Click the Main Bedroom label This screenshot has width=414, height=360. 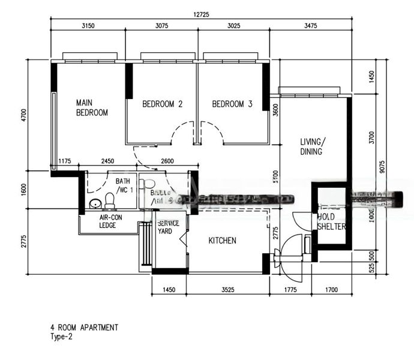click(x=91, y=107)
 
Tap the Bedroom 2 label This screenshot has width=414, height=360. click(x=162, y=104)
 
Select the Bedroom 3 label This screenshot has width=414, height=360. click(x=232, y=104)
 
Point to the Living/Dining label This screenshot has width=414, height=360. click(x=311, y=147)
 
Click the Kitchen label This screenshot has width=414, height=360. click(x=222, y=241)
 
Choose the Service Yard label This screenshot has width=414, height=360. click(x=169, y=227)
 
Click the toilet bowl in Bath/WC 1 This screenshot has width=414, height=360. click(x=110, y=200)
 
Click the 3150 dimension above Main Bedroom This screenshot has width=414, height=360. click(x=88, y=25)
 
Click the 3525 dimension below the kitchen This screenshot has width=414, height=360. click(x=227, y=290)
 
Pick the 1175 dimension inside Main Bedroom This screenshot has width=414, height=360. click(x=65, y=161)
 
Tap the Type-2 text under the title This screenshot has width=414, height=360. click(x=62, y=337)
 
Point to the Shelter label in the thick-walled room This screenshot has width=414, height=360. click(x=332, y=226)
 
